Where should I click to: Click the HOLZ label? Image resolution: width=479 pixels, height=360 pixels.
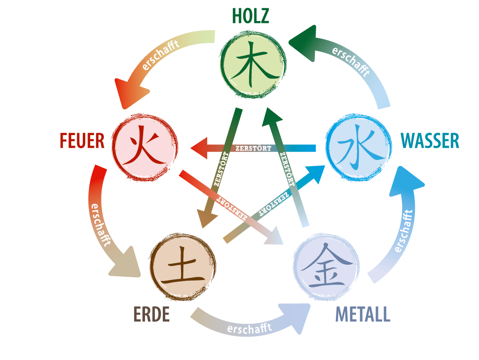point(251,16)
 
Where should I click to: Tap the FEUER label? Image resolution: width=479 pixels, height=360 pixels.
point(82,141)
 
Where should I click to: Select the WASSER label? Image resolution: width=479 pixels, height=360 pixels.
point(430,141)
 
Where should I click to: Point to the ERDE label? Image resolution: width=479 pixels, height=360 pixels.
point(152,314)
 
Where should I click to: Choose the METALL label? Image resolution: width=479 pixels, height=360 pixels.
point(363,314)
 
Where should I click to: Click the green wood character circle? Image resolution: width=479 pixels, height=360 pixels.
point(253,65)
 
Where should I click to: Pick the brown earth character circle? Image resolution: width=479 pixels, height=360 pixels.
point(183,267)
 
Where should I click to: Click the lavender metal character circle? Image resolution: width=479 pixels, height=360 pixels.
point(326,266)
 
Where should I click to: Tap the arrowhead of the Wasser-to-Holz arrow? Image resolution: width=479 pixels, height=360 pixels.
point(304,43)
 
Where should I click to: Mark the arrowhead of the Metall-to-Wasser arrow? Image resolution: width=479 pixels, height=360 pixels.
point(406,182)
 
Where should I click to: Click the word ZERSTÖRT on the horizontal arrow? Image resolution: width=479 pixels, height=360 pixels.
point(253,148)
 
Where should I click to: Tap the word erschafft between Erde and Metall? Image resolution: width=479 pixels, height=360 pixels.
point(250,329)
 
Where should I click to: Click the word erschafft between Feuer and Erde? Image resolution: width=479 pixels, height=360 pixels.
point(100,225)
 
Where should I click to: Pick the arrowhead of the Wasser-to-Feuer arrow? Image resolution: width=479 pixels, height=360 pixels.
point(199,148)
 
